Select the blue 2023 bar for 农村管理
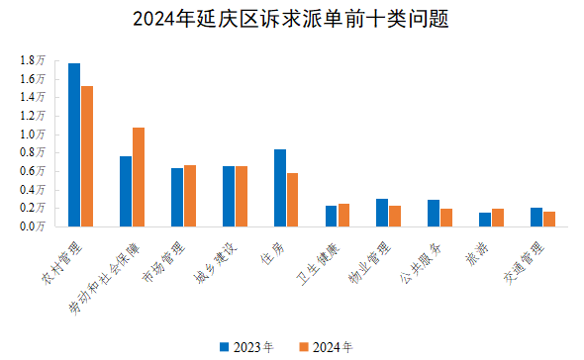74,144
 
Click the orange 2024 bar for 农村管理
87,156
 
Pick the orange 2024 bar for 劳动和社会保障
139,177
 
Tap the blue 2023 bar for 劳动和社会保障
126,191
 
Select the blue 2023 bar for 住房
280,188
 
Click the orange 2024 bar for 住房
292,200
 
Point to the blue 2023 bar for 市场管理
177,197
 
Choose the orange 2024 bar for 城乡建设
241,196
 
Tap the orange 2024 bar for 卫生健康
343,215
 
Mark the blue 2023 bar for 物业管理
382,213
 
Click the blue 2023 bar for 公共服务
434,213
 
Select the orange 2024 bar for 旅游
498,218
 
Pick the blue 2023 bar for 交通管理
536,217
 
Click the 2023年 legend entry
245,347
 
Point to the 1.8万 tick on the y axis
32,60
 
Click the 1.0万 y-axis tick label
32,134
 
